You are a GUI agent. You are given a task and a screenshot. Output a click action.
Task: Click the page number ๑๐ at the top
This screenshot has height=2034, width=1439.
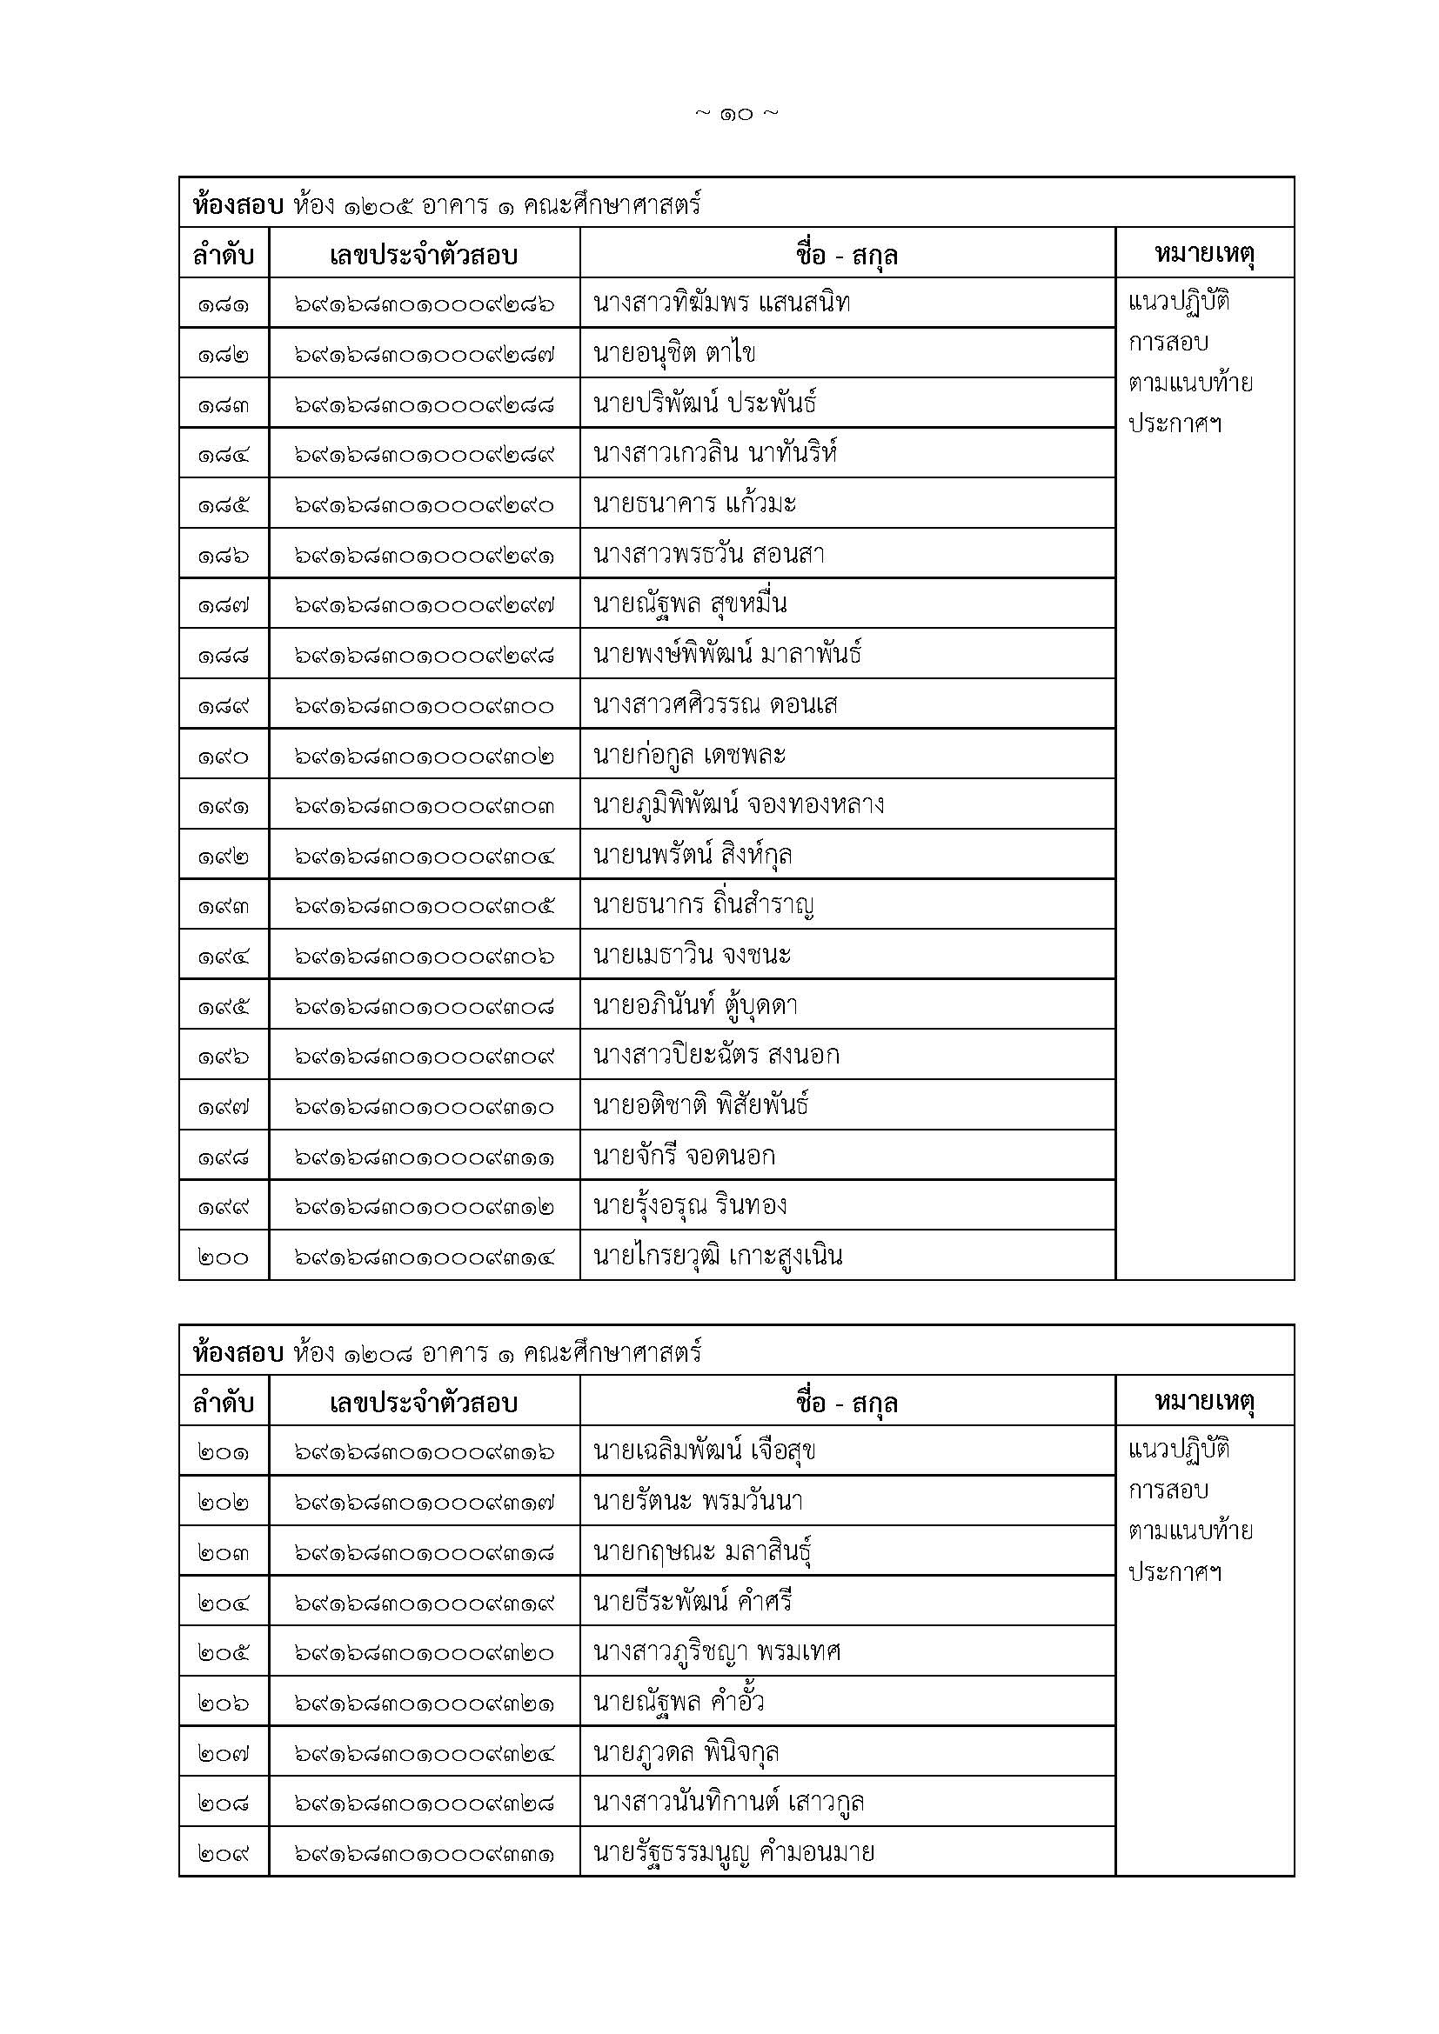point(736,113)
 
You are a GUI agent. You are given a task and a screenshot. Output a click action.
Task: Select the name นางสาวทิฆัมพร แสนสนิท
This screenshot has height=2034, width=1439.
point(721,303)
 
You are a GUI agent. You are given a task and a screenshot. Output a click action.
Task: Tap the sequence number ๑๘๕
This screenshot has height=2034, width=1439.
point(224,504)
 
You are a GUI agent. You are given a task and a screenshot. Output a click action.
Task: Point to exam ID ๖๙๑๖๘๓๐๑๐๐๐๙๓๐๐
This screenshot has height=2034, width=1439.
point(425,705)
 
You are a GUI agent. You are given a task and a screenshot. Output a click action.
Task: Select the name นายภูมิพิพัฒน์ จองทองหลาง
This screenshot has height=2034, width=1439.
point(738,805)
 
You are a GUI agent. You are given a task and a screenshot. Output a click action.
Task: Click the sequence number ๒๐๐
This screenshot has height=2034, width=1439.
point(224,1257)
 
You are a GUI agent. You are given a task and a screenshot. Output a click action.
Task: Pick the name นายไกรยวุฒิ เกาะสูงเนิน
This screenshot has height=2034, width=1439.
point(718,1257)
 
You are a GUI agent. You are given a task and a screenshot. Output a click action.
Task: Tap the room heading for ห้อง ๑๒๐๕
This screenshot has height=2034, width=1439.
point(446,204)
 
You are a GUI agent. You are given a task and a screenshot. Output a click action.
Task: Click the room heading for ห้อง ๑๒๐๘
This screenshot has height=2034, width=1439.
point(446,1353)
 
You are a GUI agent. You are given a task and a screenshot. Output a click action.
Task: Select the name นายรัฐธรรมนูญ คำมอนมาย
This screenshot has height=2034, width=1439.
point(733,1852)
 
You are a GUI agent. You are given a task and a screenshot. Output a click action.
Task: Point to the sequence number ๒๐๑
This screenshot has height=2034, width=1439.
point(224,1452)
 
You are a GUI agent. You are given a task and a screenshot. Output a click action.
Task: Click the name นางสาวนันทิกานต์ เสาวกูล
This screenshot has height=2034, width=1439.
point(728,1802)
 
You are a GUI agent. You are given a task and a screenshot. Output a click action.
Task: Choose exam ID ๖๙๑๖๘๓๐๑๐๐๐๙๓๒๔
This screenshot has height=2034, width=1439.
point(425,1752)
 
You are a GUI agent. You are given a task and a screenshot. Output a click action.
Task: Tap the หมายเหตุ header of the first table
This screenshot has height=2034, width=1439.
point(1204,254)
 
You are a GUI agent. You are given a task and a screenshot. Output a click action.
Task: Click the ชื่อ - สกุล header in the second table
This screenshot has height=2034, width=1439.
point(847,1403)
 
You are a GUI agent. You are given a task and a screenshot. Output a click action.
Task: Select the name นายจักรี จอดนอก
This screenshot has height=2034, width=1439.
point(684,1156)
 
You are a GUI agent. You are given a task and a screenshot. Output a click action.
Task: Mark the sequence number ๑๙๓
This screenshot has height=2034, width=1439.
point(224,905)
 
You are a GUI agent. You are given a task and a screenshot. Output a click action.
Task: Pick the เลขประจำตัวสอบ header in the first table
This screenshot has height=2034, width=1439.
point(424,255)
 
